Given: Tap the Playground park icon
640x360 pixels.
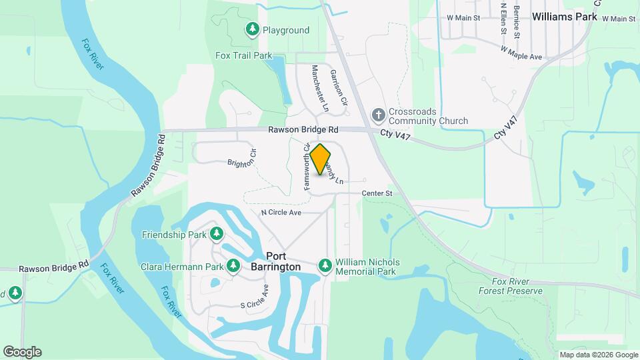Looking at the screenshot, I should click(253, 29).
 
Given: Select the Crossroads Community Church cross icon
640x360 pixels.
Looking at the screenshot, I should click(379, 115).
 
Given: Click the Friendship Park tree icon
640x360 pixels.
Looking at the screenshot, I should click(216, 234).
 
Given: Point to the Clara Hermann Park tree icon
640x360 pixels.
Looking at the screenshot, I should click(233, 267).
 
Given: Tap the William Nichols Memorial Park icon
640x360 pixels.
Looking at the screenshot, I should click(325, 267).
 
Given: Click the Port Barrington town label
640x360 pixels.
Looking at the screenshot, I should click(284, 261).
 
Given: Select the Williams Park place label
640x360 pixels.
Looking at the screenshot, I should click(563, 18).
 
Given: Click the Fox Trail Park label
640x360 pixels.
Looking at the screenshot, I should click(244, 55).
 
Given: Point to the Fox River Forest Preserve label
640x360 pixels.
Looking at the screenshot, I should click(511, 286).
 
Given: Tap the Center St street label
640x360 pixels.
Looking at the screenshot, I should click(377, 193).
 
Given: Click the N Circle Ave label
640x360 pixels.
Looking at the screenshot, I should click(281, 212).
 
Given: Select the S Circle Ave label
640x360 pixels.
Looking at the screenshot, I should click(254, 297).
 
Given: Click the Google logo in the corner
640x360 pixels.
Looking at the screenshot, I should click(22, 352).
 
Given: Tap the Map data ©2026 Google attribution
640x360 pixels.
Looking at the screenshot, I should click(599, 355).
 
